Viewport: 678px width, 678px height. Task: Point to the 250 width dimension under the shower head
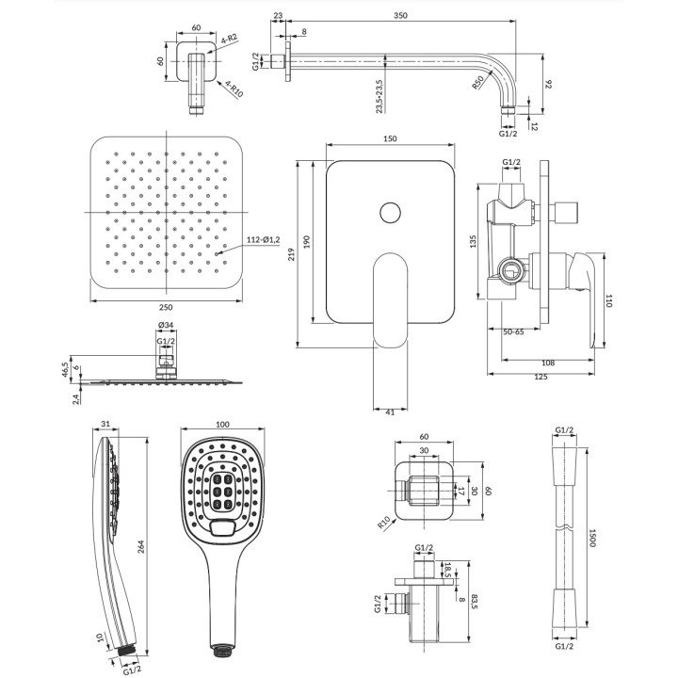166,307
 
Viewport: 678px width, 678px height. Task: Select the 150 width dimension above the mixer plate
391,138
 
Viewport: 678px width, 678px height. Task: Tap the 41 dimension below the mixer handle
391,412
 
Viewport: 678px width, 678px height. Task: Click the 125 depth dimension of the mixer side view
541,377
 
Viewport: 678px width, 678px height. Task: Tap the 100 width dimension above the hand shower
223,426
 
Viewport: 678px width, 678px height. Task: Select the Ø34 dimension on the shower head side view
166,326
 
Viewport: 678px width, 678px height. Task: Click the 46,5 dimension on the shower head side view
66,367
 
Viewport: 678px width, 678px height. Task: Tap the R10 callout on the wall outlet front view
383,521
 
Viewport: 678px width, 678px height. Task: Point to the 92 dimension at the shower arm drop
545,84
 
